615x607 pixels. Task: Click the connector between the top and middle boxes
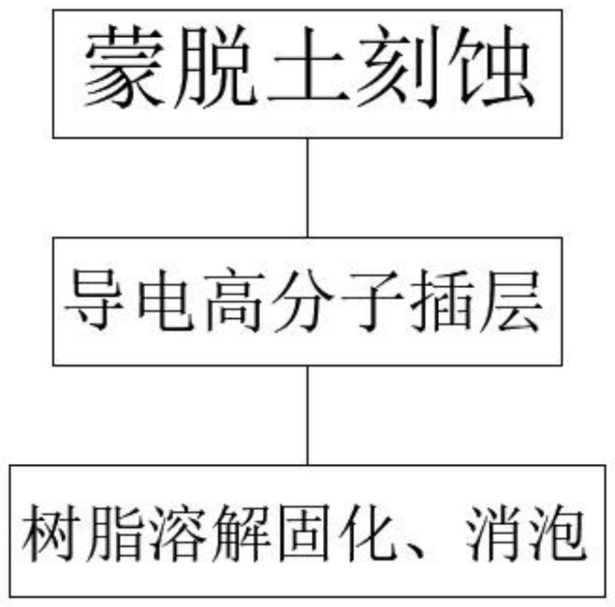point(307,187)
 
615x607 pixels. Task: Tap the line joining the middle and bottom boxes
point(307,415)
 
